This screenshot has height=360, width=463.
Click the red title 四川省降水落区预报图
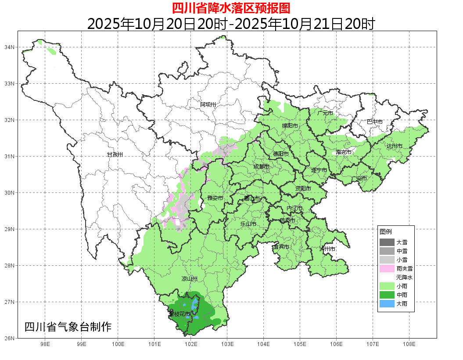pos(231,8)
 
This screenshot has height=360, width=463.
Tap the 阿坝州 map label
pos(208,104)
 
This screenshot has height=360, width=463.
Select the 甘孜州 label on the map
pos(115,155)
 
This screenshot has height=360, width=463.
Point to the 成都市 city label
pos(262,167)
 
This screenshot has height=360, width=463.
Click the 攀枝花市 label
pos(179,314)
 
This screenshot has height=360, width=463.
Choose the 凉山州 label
pos(190,279)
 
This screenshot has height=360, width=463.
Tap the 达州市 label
pos(395,146)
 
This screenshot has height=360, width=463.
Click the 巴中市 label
pos(375,122)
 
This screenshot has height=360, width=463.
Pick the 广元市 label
pos(325,113)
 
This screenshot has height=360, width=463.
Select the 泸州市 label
pos(328,249)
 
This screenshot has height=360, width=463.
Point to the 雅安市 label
pos(215,198)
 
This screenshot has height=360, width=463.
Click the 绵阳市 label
pos(290,126)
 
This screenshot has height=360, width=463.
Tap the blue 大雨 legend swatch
pos(387,303)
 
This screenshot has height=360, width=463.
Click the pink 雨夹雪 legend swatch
pos(387,268)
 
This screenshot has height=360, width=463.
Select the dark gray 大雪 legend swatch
pos(387,242)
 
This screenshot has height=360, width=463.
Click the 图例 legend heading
pos(386,232)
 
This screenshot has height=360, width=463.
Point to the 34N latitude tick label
pos(10,47)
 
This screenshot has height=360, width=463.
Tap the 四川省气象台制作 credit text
pos(68,327)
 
